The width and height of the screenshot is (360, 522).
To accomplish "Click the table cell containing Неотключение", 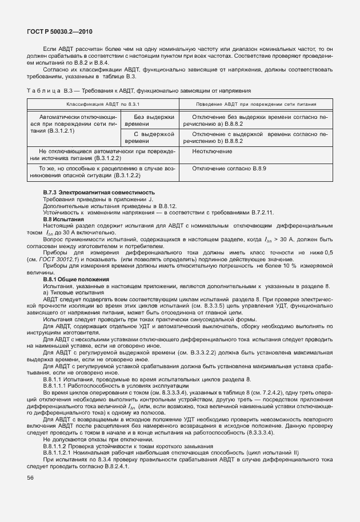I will [212, 152].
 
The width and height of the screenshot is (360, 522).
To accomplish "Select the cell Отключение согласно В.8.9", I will [229, 168].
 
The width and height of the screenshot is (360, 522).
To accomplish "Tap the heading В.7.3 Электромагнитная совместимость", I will [99, 192].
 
